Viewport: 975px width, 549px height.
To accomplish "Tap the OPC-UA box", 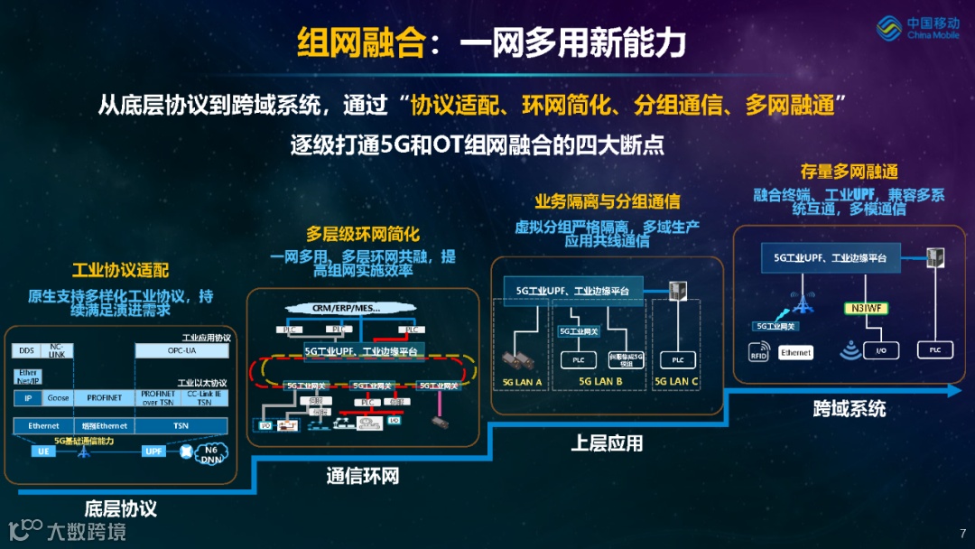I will pyautogui.click(x=181, y=350).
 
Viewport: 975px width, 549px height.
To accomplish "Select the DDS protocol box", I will pyautogui.click(x=26, y=350).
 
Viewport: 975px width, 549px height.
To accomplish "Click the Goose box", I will pyautogui.click(x=58, y=398).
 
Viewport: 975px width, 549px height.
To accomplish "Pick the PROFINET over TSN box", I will pyautogui.click(x=157, y=398).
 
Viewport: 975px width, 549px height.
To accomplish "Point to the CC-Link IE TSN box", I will pyautogui.click(x=205, y=398).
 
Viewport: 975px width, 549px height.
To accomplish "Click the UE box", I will pyautogui.click(x=42, y=451).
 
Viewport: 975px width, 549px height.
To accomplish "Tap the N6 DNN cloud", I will pyautogui.click(x=211, y=453).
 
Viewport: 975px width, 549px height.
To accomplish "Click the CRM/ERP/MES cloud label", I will pyautogui.click(x=347, y=308).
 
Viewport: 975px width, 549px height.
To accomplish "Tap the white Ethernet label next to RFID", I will pyautogui.click(x=795, y=353).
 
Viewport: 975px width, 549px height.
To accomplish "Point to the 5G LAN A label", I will pyautogui.click(x=522, y=382).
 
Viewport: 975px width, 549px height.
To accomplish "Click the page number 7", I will pyautogui.click(x=962, y=533).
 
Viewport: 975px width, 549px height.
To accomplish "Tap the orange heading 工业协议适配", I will pyautogui.click(x=120, y=270).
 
